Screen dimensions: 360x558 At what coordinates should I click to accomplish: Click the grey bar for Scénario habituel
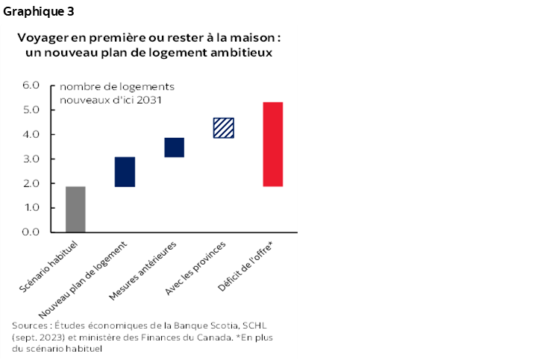point(75,209)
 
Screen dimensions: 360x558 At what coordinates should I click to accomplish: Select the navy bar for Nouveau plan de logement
point(125,171)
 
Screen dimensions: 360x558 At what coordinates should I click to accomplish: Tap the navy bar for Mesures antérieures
point(174,148)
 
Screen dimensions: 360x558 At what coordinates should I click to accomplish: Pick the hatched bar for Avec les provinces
point(224,128)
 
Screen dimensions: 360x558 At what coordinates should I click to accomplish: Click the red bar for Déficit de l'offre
point(273,144)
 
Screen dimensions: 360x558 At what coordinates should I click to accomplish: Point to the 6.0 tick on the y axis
point(30,86)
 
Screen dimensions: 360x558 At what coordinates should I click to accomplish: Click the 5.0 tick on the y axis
point(30,110)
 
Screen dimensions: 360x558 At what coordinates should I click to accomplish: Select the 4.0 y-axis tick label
point(30,135)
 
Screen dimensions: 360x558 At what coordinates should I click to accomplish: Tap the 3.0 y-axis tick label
point(30,159)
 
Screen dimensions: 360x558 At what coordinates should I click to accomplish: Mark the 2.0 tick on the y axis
point(30,183)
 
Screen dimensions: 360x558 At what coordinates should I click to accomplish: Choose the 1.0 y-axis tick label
point(30,208)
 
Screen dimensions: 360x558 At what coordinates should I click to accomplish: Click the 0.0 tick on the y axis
point(30,233)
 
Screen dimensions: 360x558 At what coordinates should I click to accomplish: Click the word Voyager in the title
point(43,37)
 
